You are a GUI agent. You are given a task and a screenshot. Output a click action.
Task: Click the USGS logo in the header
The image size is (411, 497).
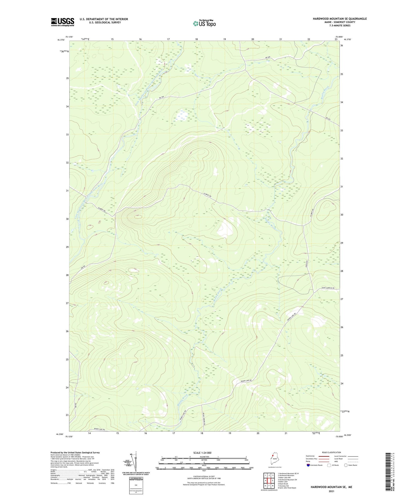click(62, 22)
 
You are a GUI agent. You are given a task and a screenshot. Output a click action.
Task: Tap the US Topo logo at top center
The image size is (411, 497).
click(204, 24)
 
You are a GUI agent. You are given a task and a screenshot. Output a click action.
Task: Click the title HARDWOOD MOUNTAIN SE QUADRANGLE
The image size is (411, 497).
click(339, 19)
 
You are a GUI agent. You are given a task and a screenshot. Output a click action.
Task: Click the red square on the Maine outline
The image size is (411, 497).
click(273, 456)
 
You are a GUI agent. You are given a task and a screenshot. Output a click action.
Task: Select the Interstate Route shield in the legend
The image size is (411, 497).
click(309, 465)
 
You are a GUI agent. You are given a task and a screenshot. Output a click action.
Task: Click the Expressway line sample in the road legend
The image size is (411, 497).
click(324, 456)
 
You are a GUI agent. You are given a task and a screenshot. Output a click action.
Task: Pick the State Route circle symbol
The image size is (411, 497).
click(346, 465)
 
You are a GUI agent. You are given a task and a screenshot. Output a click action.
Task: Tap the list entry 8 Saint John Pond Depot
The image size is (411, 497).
click(287, 488)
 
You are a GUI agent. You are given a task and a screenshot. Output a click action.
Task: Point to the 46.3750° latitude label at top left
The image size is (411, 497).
click(61, 40)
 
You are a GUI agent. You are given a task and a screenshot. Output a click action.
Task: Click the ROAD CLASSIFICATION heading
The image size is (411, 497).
click(332, 452)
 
